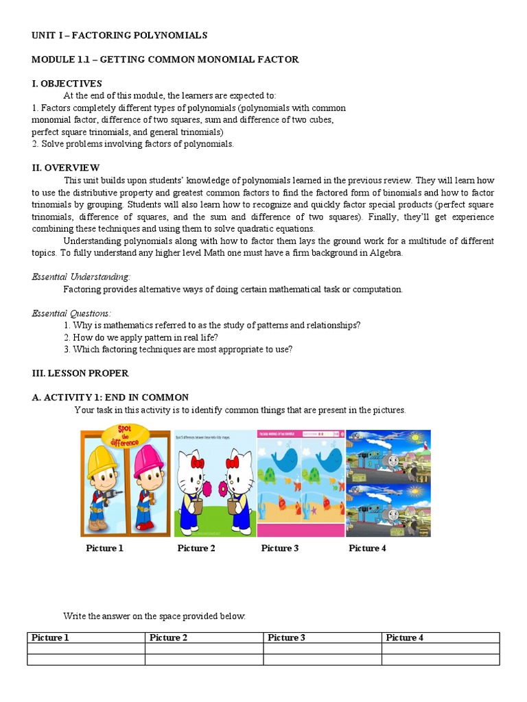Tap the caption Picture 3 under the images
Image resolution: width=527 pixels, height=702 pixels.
(280, 548)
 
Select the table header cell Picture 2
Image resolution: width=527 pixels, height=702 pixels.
(165, 638)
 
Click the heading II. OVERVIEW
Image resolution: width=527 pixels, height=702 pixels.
(65, 167)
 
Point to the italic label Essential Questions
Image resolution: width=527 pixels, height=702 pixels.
(71, 313)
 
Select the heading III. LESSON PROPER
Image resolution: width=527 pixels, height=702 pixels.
(80, 374)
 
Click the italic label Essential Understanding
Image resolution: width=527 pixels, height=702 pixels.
(81, 276)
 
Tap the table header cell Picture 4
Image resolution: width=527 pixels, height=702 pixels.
(405, 638)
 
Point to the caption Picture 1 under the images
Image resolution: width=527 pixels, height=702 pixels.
(105, 548)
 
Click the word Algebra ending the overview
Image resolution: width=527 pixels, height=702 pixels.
(387, 253)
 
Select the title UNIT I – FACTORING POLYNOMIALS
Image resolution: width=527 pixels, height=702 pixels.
(119, 35)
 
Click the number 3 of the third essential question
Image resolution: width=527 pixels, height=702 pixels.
(66, 350)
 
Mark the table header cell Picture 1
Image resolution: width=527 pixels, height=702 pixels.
(50, 638)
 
